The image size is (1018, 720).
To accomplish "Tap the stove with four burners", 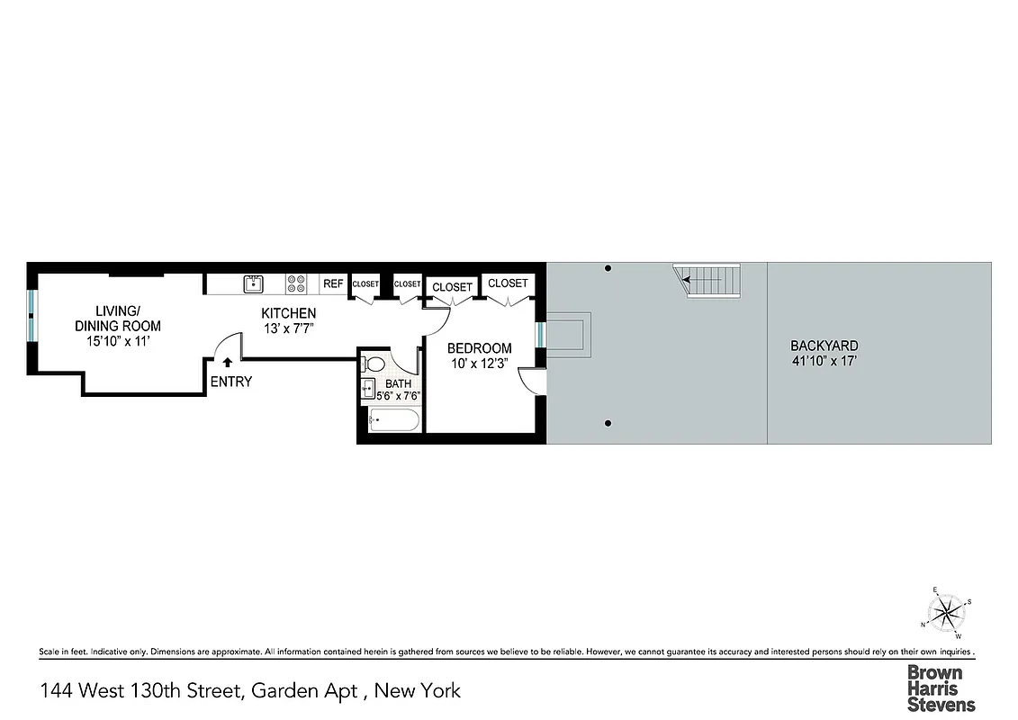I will pyautogui.click(x=296, y=283).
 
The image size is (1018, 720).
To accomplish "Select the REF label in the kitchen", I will pyautogui.click(x=333, y=283).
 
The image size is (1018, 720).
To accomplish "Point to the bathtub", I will pyautogui.click(x=393, y=420).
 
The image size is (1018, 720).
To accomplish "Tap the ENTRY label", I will pyautogui.click(x=231, y=382).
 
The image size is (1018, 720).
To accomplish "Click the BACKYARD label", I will pyautogui.click(x=824, y=346).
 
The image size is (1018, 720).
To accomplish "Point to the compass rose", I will pyautogui.click(x=946, y=614).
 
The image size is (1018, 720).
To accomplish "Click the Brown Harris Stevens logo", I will pyautogui.click(x=941, y=688).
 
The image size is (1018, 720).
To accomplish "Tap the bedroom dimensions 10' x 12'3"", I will pyautogui.click(x=480, y=364).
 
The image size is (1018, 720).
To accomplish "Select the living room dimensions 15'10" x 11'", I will pyautogui.click(x=117, y=341).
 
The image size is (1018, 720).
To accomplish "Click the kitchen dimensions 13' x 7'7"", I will pyautogui.click(x=288, y=328).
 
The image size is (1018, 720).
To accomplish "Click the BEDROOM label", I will pyautogui.click(x=480, y=348).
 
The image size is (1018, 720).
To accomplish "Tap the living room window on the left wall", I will pyautogui.click(x=32, y=316).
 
